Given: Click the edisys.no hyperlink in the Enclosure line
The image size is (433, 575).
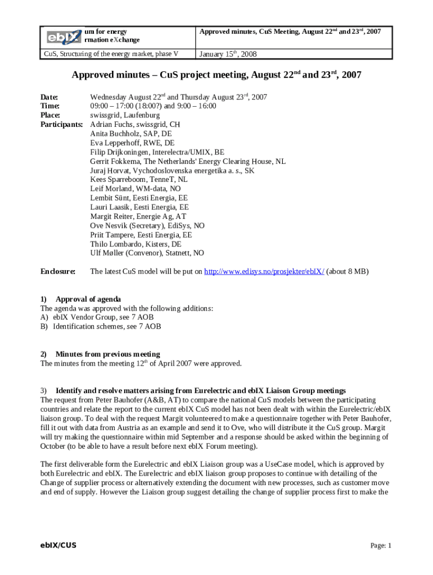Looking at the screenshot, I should point(264,271).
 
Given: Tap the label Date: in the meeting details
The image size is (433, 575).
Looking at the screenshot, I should point(49,97).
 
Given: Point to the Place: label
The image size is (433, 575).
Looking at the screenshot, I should point(50,115).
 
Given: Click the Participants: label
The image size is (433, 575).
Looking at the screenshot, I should point(62,124).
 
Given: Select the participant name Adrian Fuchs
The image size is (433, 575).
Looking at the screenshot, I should point(111,124).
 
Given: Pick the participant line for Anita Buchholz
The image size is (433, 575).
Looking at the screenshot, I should point(131,134).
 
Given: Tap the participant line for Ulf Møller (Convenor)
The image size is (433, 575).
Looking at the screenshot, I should point(147,253).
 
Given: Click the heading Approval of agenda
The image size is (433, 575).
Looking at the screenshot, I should point(88,299).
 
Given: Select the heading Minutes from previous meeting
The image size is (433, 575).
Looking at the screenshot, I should point(107,354).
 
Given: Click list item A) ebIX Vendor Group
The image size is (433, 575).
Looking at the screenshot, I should point(97,317).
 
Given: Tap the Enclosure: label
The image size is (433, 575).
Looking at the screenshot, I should point(58,271).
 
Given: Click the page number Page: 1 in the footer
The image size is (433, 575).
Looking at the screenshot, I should point(381,545).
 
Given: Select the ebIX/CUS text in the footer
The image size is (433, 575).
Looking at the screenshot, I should point(55,545).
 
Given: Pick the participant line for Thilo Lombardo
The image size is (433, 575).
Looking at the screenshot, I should point(136,244).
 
